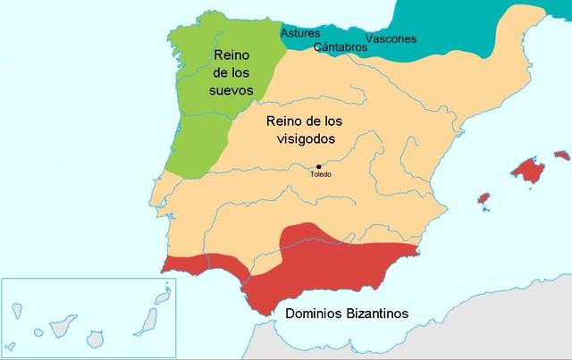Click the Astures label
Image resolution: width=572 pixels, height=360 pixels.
300,33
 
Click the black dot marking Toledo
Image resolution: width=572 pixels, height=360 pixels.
318,166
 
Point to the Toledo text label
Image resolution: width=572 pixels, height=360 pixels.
320,174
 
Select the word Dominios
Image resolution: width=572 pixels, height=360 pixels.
315,314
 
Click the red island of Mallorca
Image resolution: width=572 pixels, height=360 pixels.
526,168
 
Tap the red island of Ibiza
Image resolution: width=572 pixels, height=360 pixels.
484,197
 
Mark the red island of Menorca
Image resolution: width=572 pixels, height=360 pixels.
561,155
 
